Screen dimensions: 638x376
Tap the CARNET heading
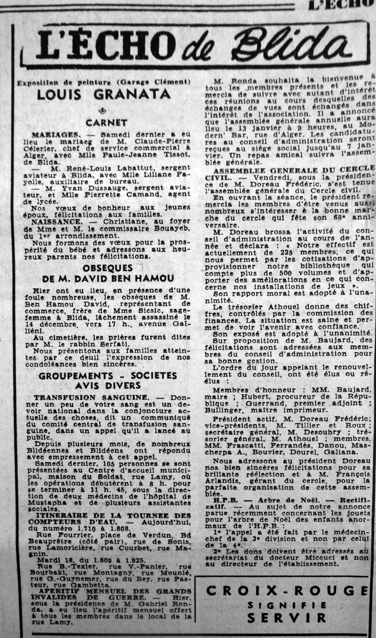coord(106,122)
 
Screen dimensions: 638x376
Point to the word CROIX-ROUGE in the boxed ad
coord(287,590)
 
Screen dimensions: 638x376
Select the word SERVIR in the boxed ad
coord(286,617)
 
